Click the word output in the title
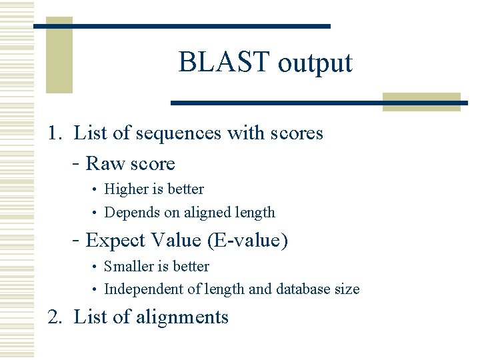pyautogui.click(x=315, y=64)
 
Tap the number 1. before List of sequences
pyautogui.click(x=55, y=133)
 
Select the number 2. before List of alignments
pyautogui.click(x=55, y=317)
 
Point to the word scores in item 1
pyautogui.click(x=297, y=133)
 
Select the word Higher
pyautogui.click(x=126, y=189)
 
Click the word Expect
pyautogui.click(x=115, y=240)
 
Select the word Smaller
pyautogui.click(x=129, y=267)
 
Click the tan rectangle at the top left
pyautogui.click(x=59, y=55)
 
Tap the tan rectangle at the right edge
pyautogui.click(x=422, y=102)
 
